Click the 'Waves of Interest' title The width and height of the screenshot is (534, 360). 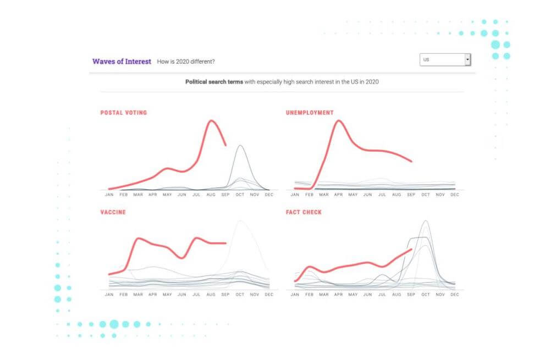[x=122, y=62]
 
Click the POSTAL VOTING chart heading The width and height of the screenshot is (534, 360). [x=124, y=113]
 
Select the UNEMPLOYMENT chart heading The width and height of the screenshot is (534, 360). [x=310, y=113]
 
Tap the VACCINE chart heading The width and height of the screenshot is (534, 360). [x=113, y=212]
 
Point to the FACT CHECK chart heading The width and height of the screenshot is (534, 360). [x=304, y=212]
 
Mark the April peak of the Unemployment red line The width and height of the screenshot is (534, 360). [x=338, y=120]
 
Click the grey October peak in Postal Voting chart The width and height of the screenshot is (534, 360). [x=240, y=146]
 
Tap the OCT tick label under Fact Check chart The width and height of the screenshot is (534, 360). [x=425, y=295]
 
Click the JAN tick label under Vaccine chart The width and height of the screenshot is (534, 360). [x=109, y=295]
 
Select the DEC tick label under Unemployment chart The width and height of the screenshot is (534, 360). [x=455, y=195]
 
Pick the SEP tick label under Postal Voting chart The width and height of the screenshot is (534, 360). [x=225, y=195]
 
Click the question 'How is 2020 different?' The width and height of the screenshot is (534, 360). [x=186, y=62]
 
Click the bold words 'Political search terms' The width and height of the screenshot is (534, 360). [x=214, y=82]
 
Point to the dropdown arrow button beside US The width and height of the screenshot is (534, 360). [x=467, y=59]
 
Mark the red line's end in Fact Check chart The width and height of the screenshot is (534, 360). [x=411, y=249]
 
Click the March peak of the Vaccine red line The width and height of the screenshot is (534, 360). [x=139, y=239]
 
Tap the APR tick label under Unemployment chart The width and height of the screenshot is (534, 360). [x=339, y=195]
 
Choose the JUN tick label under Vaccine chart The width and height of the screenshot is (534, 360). [x=181, y=295]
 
